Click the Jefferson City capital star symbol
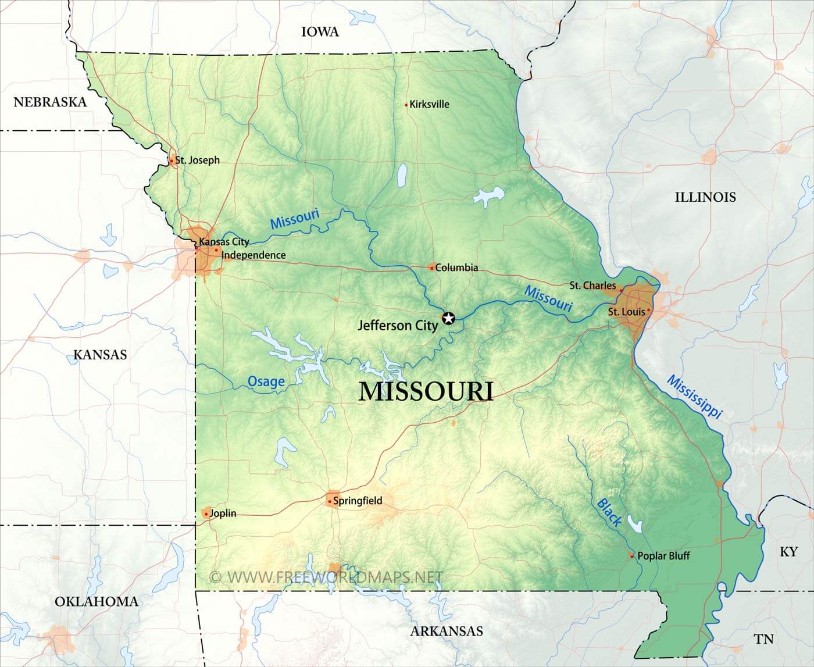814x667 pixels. click(448, 318)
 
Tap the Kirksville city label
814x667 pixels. click(429, 105)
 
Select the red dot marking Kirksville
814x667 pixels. click(406, 105)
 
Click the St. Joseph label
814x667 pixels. click(198, 160)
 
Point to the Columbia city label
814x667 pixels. click(456, 267)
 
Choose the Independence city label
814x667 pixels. click(254, 255)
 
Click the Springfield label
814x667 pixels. click(358, 500)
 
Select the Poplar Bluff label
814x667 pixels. click(663, 555)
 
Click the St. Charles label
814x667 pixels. click(592, 286)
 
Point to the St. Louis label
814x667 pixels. click(626, 312)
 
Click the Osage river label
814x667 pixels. click(266, 381)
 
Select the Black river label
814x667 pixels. click(609, 512)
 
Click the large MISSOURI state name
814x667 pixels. click(426, 391)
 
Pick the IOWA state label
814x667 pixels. click(320, 32)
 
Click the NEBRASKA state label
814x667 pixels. click(50, 102)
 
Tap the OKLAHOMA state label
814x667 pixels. click(97, 601)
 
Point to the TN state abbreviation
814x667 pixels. click(764, 639)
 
